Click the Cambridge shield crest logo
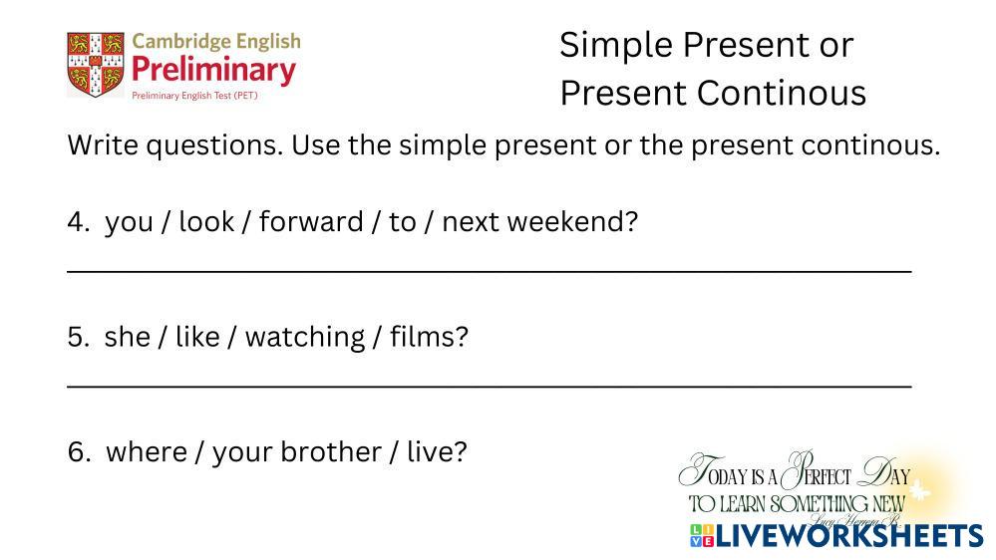coord(96,64)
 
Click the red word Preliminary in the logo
coord(214,70)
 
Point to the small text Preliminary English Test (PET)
coord(194,96)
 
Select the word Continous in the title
coord(782,93)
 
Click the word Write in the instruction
coord(104,144)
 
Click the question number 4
coord(79,222)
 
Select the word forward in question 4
coord(311,221)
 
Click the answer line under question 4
coord(490,272)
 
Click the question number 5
coord(79,337)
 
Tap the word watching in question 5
coord(305,338)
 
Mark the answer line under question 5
coord(490,386)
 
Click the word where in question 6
coord(147,452)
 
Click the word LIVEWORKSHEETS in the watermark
coord(849,536)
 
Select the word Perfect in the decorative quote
coord(817,471)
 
